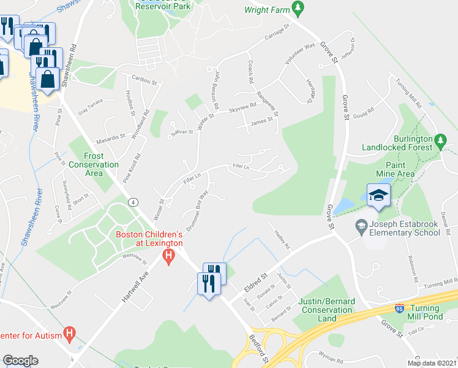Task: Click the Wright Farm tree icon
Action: coord(298,8)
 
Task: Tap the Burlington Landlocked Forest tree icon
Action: coord(440,142)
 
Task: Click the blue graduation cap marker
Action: coord(378,196)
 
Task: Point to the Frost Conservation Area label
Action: coord(94,164)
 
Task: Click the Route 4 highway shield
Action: coord(132,202)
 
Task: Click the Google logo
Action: coord(20,361)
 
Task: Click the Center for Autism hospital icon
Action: coord(70,334)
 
